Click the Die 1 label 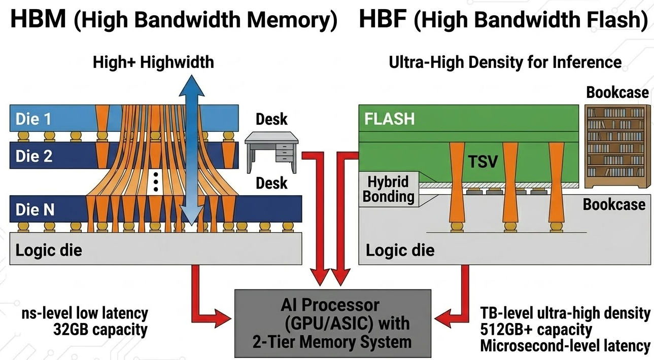click(33, 119)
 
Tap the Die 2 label click(34, 156)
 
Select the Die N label click(35, 210)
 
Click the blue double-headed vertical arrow click(191, 150)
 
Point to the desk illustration click(271, 152)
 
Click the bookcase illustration click(618, 147)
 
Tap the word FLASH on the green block click(390, 119)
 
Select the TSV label click(483, 162)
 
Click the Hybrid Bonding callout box click(388, 189)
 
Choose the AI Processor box click(333, 323)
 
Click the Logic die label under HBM click(49, 250)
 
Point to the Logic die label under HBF click(400, 250)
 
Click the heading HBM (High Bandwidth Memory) click(174, 20)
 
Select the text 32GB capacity click(100, 330)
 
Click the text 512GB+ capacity click(536, 330)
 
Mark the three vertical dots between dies click(156, 182)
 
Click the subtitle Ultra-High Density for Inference click(505, 62)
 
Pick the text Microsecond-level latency click(565, 346)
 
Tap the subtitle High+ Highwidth click(153, 62)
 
